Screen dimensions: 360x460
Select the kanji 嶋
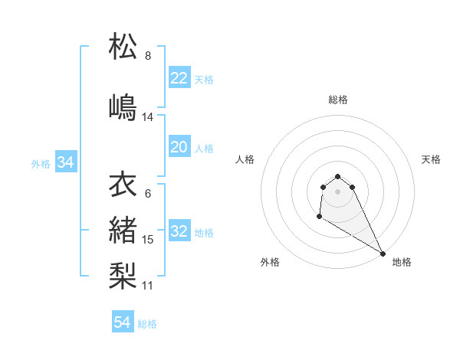click(123, 106)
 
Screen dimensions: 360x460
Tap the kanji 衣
click(123, 185)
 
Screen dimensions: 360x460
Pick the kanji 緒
click(123, 228)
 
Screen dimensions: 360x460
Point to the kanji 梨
click(123, 273)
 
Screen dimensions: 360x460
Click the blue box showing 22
click(179, 78)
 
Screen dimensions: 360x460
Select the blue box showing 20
click(179, 147)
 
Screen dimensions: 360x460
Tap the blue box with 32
click(179, 232)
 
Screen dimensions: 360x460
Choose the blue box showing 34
click(65, 162)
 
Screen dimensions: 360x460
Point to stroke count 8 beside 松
click(148, 55)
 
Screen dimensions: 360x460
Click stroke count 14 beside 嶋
click(148, 117)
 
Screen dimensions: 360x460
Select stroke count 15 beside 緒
click(148, 240)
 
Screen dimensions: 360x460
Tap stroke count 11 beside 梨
click(148, 286)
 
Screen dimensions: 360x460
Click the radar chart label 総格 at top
click(338, 100)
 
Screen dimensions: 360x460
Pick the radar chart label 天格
click(431, 159)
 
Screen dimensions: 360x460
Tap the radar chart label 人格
click(245, 159)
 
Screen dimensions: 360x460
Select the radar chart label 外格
click(270, 263)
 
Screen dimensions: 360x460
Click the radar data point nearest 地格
click(383, 253)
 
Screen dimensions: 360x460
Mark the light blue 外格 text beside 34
click(41, 163)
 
